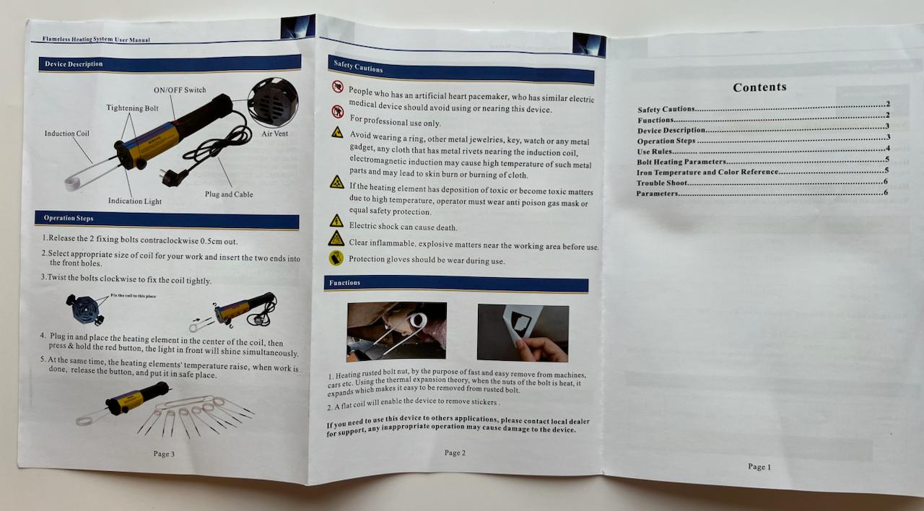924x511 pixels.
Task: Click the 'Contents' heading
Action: point(760,87)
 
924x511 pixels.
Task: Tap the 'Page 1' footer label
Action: point(759,466)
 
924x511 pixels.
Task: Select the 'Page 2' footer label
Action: point(455,453)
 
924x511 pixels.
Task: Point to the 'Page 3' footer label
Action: point(164,454)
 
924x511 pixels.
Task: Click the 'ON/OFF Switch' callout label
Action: point(180,90)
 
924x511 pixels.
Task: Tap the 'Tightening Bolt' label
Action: point(132,108)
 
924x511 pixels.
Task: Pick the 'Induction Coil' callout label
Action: point(67,134)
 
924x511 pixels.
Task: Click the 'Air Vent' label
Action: point(275,134)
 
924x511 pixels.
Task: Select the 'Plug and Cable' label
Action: point(229,194)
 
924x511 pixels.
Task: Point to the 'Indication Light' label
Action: point(135,201)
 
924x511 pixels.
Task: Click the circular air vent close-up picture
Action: point(273,102)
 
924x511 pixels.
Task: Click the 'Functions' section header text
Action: point(344,282)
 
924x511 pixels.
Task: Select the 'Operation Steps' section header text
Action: point(69,218)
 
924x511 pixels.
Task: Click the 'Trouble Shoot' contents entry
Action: point(662,183)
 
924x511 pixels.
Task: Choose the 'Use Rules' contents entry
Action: point(655,152)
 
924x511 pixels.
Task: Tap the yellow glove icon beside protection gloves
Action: point(336,258)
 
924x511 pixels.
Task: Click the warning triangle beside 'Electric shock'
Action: point(336,221)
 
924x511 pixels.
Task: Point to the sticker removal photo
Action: point(523,333)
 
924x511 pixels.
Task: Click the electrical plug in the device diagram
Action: point(173,178)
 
